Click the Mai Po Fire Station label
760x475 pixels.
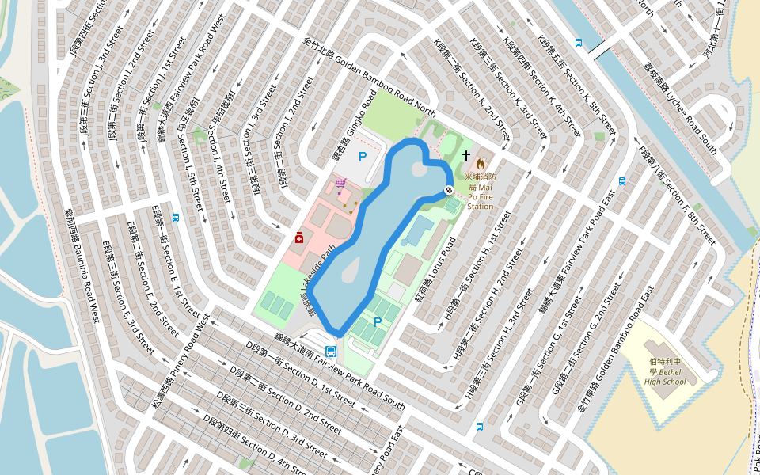[x=480, y=192]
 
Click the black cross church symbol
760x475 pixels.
[x=466, y=156]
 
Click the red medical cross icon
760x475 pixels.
[x=299, y=237]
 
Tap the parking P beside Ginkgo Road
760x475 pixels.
[x=363, y=157]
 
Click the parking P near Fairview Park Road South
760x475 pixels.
[x=378, y=322]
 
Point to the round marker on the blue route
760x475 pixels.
[x=449, y=190]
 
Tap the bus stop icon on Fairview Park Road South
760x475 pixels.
[x=330, y=351]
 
